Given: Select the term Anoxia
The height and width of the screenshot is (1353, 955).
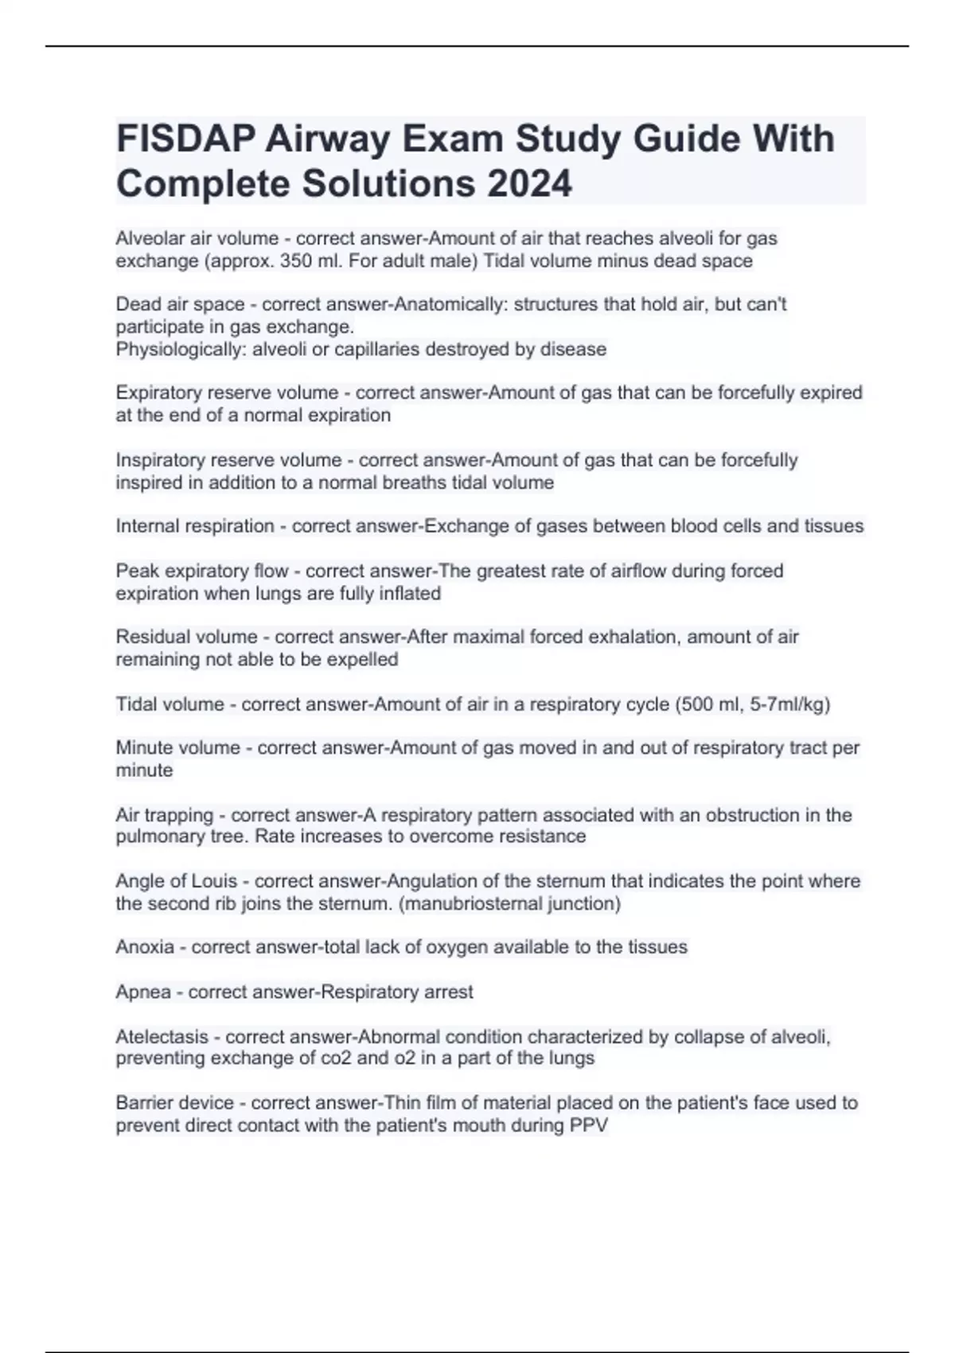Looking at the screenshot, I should click(145, 947).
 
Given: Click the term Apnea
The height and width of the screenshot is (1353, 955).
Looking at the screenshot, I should click(143, 992).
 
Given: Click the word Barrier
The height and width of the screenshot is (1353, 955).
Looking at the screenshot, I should click(142, 1103).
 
